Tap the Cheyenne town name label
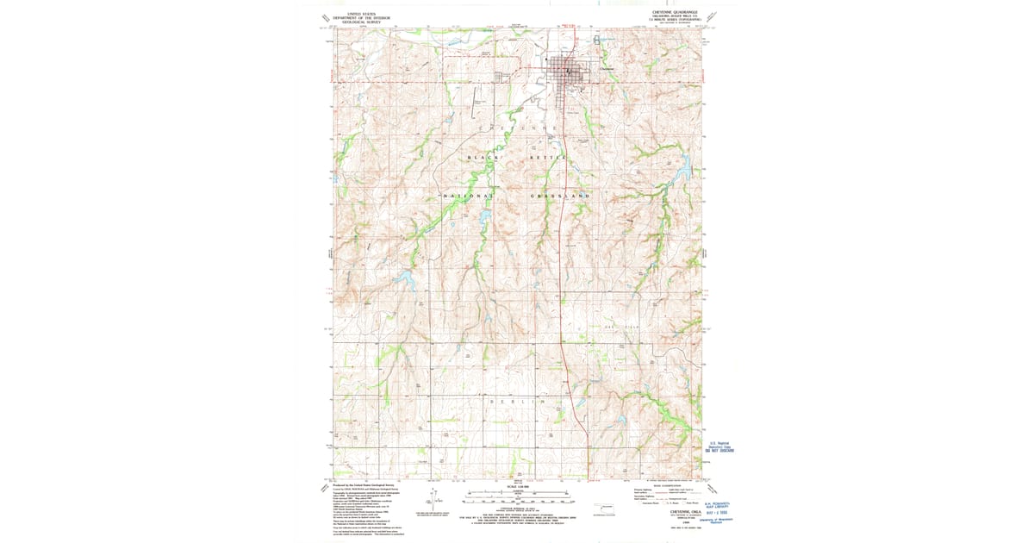click(606, 71)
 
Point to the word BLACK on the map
click(483, 158)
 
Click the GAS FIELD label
click(620, 328)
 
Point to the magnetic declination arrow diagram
click(435, 497)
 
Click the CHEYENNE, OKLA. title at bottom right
click(676, 509)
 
